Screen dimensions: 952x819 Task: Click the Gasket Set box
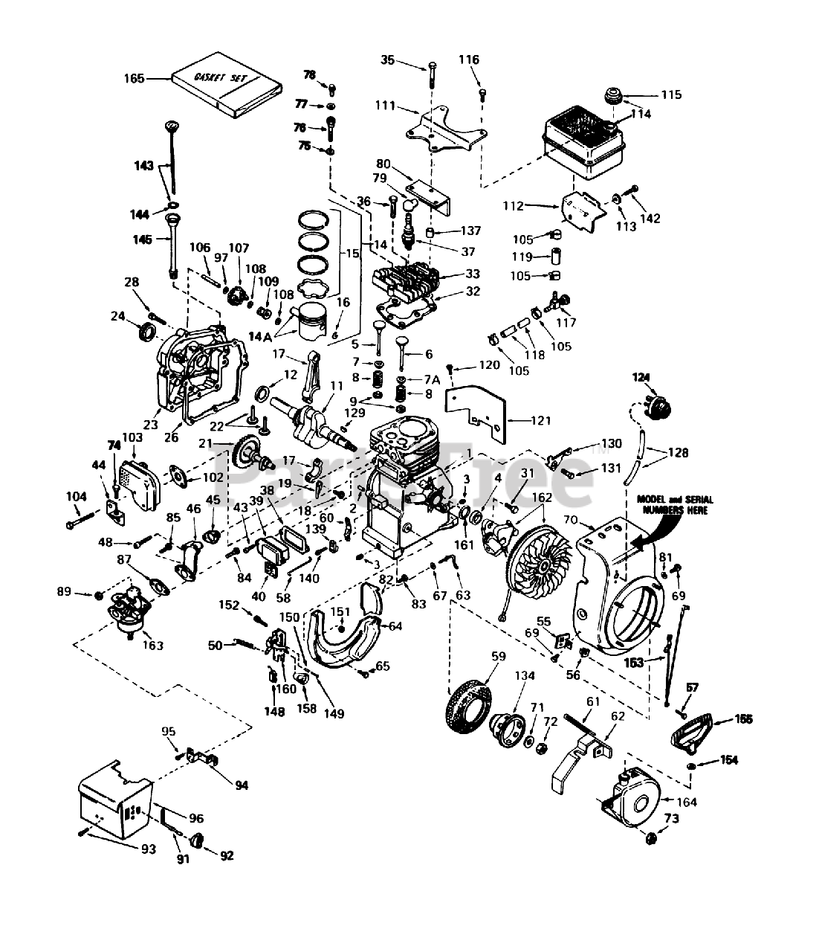[x=225, y=89]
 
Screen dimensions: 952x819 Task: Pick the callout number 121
[x=541, y=421]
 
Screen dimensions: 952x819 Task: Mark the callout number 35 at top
[x=409, y=59]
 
